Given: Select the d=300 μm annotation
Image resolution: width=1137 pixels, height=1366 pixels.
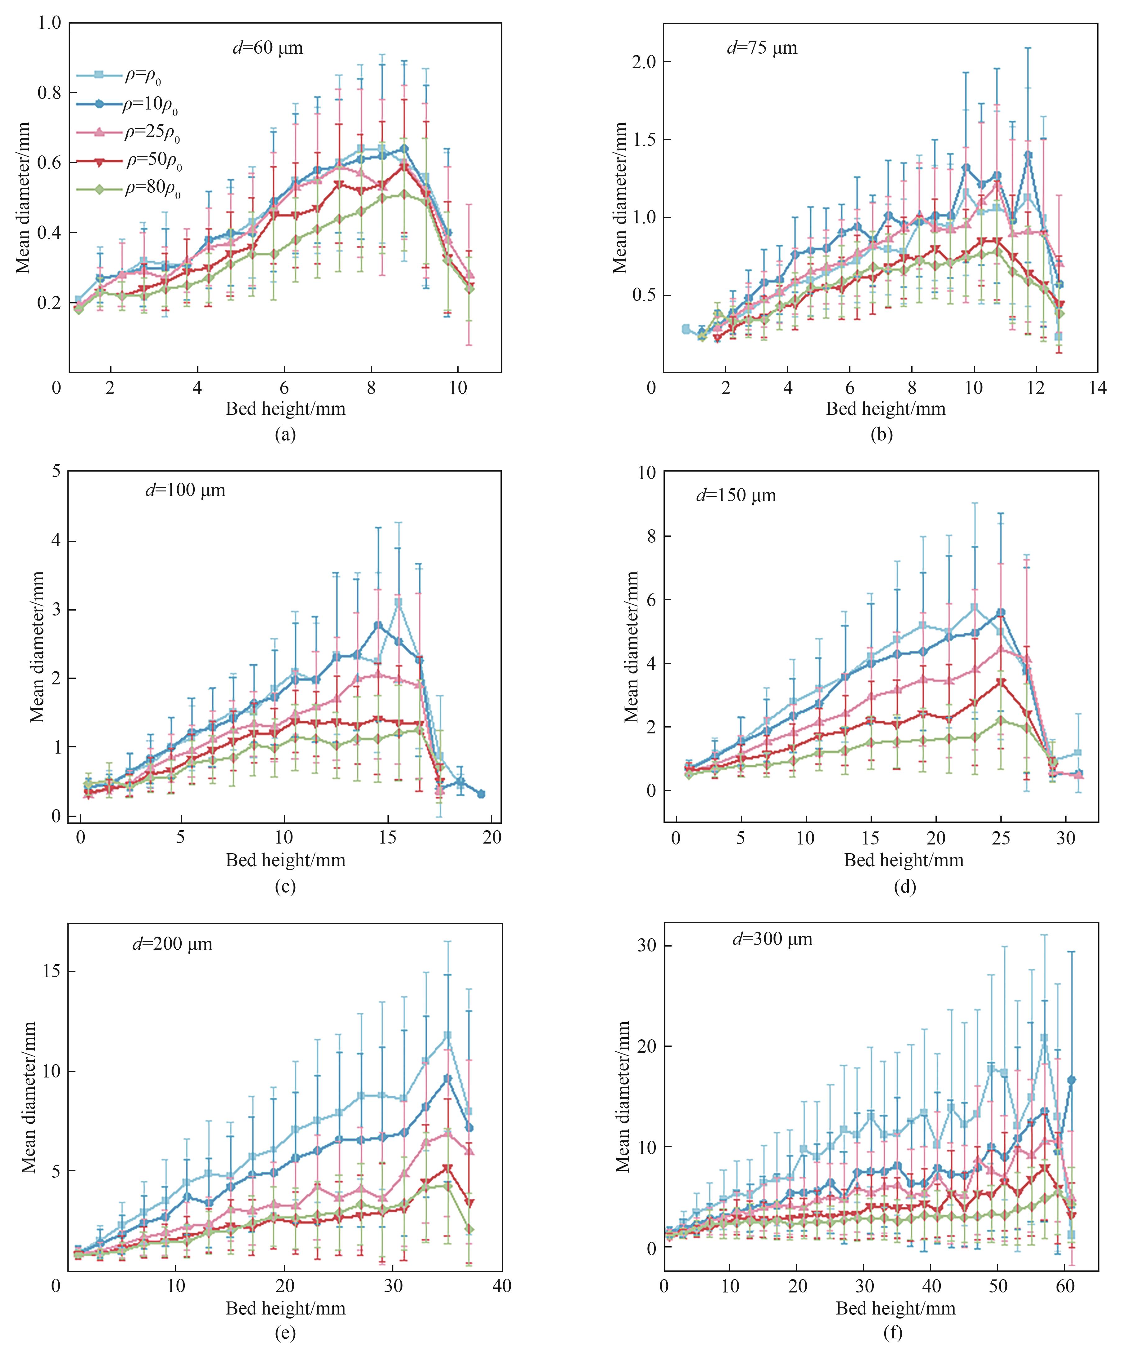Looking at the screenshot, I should click(772, 939).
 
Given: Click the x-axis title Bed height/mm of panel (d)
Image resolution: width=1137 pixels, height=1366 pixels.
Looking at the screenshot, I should click(903, 860).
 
